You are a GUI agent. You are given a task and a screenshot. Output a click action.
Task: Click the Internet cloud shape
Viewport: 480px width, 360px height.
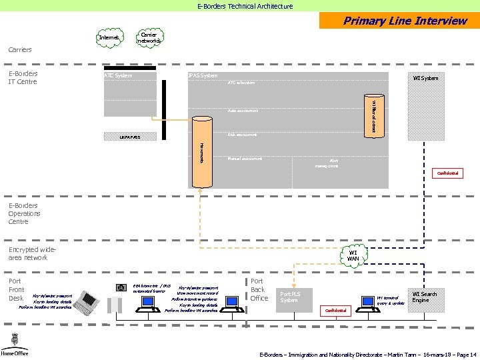[x=109, y=38]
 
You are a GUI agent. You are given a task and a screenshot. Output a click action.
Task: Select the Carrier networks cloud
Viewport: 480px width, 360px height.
[x=149, y=37]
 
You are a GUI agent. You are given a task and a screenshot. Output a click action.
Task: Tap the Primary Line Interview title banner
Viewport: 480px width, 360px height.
[x=399, y=21]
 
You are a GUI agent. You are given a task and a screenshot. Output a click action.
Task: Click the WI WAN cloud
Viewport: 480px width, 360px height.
[x=353, y=255]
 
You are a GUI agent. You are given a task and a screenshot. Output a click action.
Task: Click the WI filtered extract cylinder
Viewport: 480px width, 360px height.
[x=373, y=117]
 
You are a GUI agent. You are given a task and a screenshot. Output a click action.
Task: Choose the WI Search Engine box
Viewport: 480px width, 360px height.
[x=425, y=297]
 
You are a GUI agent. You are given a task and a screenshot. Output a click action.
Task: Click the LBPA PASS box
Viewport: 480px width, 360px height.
[x=130, y=137]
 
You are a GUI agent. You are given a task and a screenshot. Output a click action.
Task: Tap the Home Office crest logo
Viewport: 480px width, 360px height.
[x=12, y=342]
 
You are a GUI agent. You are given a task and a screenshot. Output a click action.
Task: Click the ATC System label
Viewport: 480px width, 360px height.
[x=118, y=75]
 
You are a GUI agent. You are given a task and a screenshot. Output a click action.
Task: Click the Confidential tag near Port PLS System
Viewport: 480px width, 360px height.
[x=335, y=311]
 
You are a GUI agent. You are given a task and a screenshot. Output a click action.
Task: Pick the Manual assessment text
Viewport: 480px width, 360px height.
[x=245, y=159]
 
